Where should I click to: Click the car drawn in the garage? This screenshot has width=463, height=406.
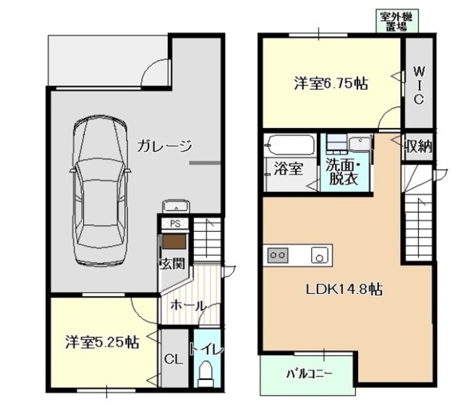[101, 192]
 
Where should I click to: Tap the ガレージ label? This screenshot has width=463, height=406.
[166, 146]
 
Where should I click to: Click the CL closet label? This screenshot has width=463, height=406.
[172, 358]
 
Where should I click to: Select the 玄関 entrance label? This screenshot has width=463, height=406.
[171, 263]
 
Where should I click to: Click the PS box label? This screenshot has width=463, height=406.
[174, 224]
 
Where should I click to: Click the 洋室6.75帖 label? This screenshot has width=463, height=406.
[330, 83]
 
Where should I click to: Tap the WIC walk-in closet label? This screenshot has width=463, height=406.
[418, 85]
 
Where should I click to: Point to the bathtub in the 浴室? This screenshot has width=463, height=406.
[289, 146]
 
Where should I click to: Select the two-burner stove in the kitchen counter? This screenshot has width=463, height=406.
[279, 255]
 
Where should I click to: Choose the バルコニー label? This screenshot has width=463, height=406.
[307, 373]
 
